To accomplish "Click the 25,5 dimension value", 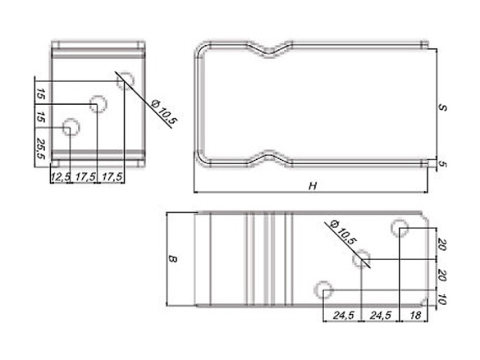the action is pyautogui.click(x=41, y=148).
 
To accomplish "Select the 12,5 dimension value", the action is pyautogui.click(x=60, y=176).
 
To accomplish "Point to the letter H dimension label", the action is pyautogui.click(x=313, y=186).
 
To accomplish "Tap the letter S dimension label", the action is pyautogui.click(x=442, y=107).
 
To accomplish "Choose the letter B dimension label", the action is pyautogui.click(x=172, y=259).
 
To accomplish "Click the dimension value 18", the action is pyautogui.click(x=415, y=315).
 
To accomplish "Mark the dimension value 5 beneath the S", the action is pyautogui.click(x=442, y=164).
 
